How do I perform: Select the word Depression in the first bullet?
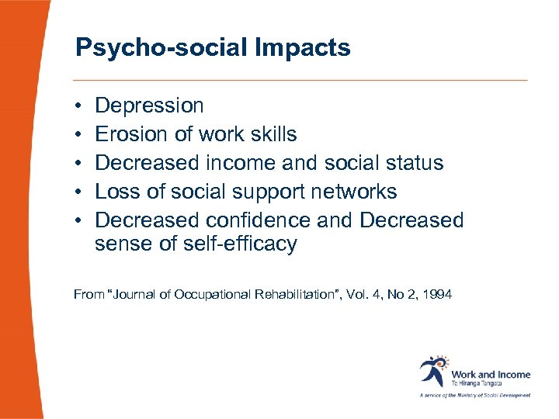pyautogui.click(x=149, y=106)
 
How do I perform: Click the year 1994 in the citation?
pyautogui.click(x=438, y=294)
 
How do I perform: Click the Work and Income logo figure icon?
pyautogui.click(x=432, y=371)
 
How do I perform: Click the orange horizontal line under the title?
pyautogui.click(x=300, y=80)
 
